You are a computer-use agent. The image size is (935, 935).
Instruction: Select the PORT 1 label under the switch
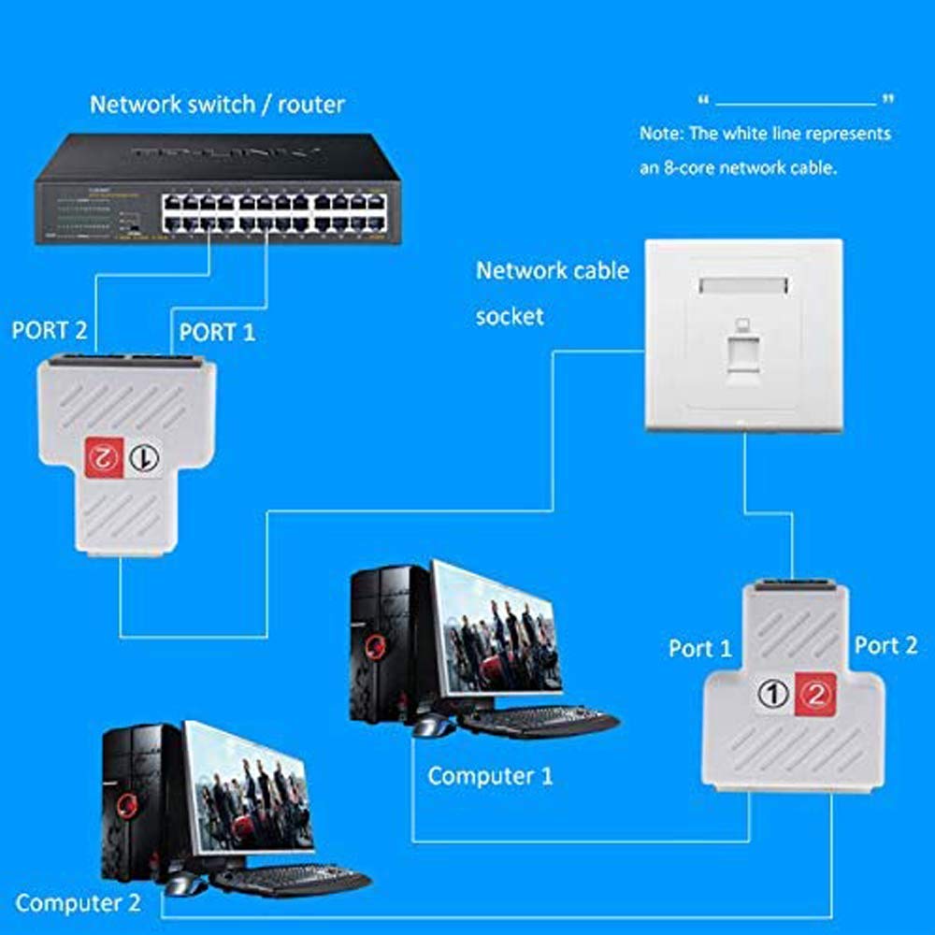[x=216, y=331]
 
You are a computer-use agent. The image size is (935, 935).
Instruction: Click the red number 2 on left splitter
[x=103, y=457]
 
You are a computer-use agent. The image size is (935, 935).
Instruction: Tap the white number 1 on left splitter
[x=142, y=457]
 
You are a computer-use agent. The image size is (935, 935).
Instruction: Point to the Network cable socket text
[x=552, y=293]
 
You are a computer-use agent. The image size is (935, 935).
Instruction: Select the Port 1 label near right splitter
[x=700, y=648]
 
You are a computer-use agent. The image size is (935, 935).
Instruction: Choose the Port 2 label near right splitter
[x=885, y=645]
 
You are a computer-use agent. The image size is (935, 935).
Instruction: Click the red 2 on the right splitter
[x=813, y=695]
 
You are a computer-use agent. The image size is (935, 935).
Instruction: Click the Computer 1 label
[x=490, y=775]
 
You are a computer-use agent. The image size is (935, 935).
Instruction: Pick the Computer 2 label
[x=78, y=903]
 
